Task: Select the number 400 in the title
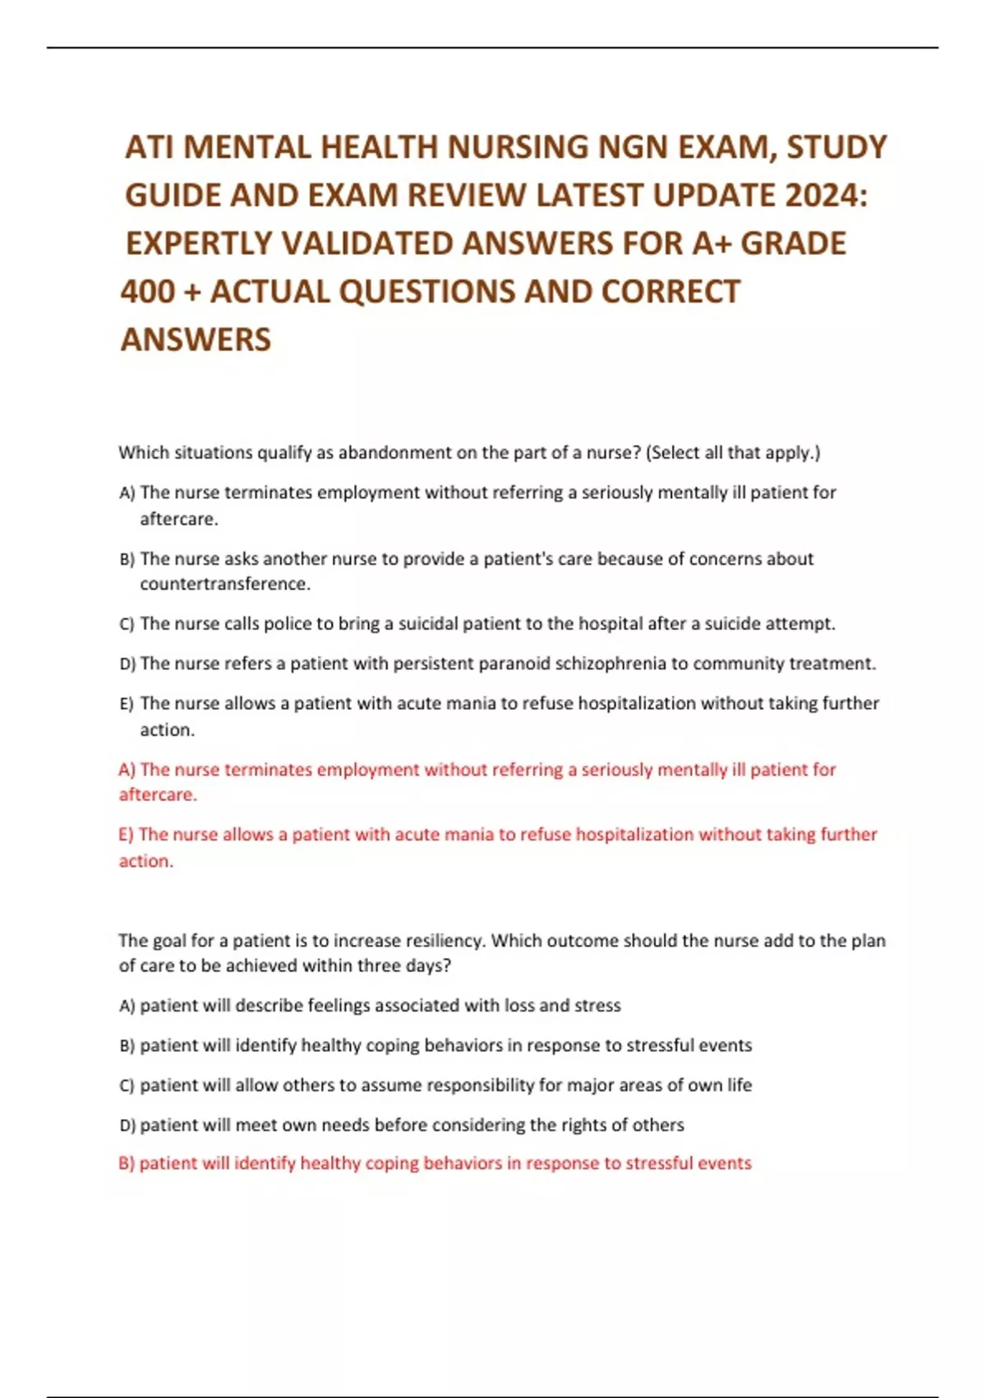[x=149, y=292]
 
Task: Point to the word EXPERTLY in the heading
[x=198, y=244]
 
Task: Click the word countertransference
[x=224, y=584]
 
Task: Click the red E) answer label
[x=126, y=835]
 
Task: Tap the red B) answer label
[x=127, y=1164]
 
